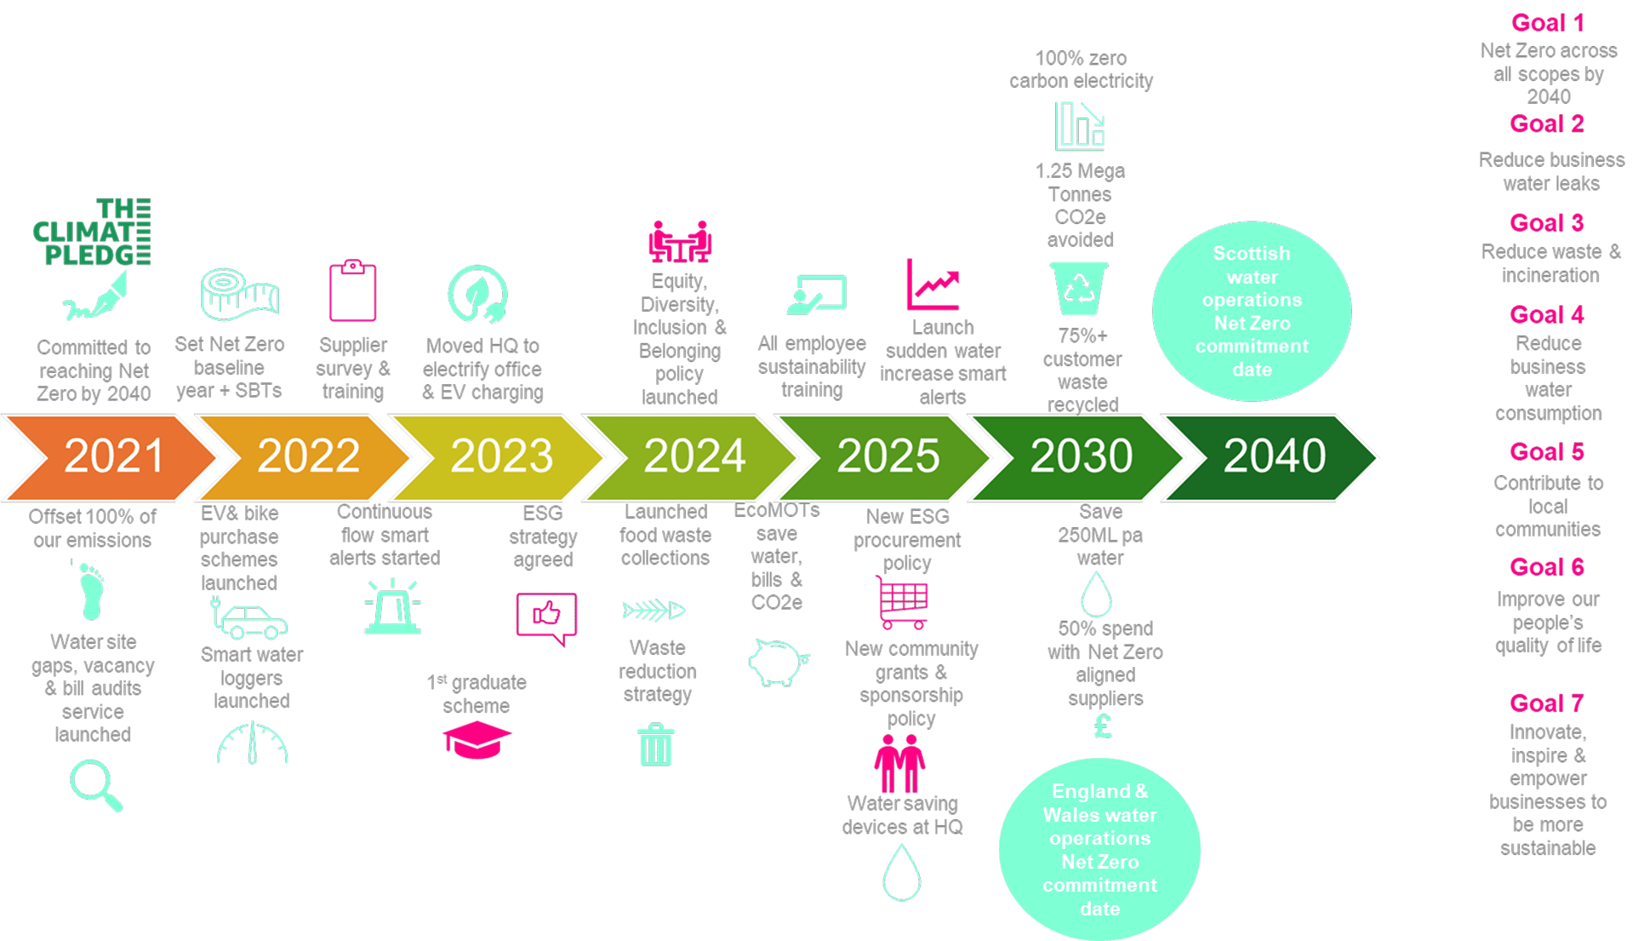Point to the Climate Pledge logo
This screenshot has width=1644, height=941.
(92, 232)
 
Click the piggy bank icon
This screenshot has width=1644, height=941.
(778, 662)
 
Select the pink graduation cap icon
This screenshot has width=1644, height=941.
(477, 738)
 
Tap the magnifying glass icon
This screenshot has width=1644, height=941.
(96, 785)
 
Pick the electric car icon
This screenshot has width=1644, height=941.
(250, 619)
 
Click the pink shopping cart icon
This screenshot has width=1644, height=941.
(902, 601)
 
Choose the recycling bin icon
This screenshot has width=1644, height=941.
(1079, 288)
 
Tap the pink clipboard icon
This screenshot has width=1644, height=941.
(352, 290)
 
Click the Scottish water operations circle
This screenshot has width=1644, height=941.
(1251, 312)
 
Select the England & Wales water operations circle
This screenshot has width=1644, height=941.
(1099, 849)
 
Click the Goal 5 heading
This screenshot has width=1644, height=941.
(1546, 451)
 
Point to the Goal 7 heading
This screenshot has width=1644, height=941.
(1546, 703)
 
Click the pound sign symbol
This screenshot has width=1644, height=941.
(1103, 726)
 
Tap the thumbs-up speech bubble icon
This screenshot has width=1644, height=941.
(546, 617)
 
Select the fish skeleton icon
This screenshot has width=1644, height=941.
(654, 610)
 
